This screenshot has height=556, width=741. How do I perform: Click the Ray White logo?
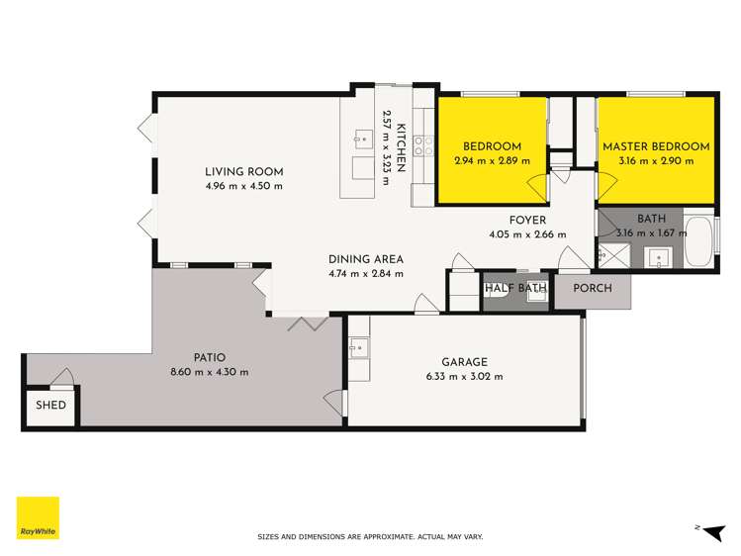coord(38,517)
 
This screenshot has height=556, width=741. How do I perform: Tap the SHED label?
coord(51,406)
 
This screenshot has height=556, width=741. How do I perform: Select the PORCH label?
coord(593,289)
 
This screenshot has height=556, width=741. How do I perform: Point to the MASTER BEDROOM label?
coord(656,147)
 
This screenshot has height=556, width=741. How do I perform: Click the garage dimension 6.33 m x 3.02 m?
coord(465,376)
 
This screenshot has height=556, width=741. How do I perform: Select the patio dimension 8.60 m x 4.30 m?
coord(209,372)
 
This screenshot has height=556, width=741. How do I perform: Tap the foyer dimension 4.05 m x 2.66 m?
coord(527,234)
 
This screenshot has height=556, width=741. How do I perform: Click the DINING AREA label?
coord(366,260)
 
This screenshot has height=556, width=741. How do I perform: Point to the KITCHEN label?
coord(403,147)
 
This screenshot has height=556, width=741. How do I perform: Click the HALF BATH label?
coord(515,289)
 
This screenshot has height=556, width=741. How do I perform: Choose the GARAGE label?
coord(465,362)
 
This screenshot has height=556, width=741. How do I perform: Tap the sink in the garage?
coord(358,347)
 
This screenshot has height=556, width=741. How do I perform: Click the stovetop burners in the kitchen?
coord(422,146)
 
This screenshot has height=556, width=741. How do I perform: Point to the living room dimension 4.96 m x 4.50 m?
coord(244,185)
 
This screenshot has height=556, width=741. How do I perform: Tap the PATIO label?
coord(209,357)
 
